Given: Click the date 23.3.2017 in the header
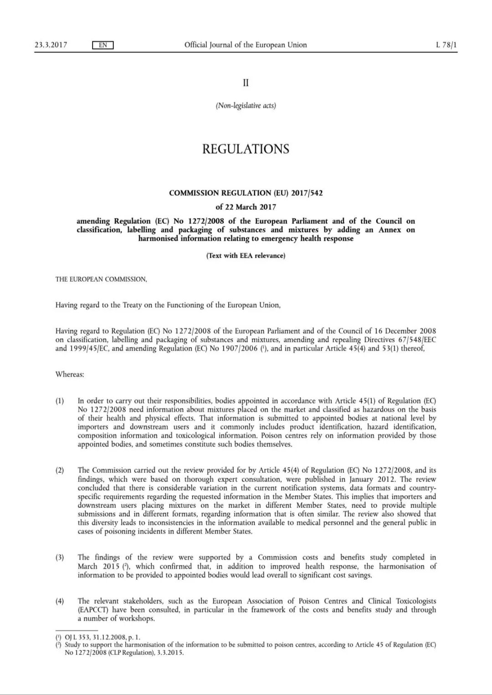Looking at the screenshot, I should click(x=51, y=45).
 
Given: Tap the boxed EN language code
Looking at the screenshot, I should click(x=102, y=45).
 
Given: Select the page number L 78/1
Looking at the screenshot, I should click(x=446, y=45).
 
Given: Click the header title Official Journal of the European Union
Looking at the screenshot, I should click(x=246, y=45).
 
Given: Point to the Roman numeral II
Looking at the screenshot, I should click(x=246, y=82).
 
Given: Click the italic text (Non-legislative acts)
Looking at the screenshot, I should click(x=246, y=106).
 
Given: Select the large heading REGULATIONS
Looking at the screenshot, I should click(x=246, y=149).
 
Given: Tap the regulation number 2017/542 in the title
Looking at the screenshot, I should click(x=307, y=193).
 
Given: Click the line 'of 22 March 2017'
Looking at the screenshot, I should click(x=246, y=207).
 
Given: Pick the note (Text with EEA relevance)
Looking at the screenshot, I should click(x=246, y=256).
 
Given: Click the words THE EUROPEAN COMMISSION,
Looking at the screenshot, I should click(x=101, y=279).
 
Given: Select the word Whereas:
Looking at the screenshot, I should click(x=70, y=374).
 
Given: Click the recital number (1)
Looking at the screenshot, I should click(x=60, y=401).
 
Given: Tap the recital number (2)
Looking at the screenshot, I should click(x=60, y=470).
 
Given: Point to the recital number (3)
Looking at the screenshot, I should click(x=60, y=558).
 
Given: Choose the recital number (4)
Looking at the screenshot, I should click(x=60, y=601).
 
